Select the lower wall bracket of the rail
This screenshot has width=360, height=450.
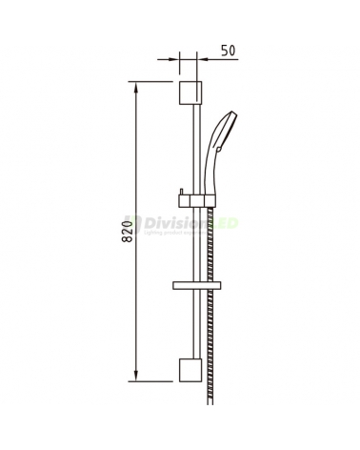pos(190,372)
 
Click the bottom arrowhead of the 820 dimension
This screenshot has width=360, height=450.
pos(137,377)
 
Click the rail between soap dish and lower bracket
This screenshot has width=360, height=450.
pos(196,329)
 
